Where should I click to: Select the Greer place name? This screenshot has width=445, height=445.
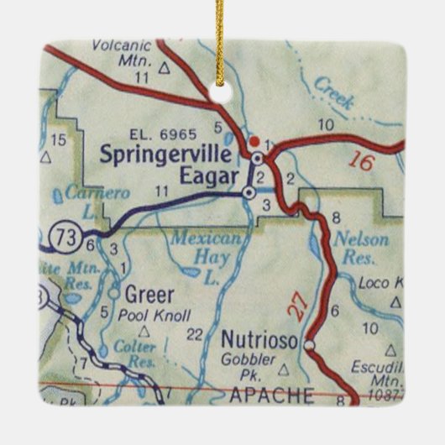149,295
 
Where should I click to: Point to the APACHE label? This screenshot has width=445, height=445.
262,394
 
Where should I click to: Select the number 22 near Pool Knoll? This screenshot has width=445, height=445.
195,334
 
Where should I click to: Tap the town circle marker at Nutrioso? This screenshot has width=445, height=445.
309,344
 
